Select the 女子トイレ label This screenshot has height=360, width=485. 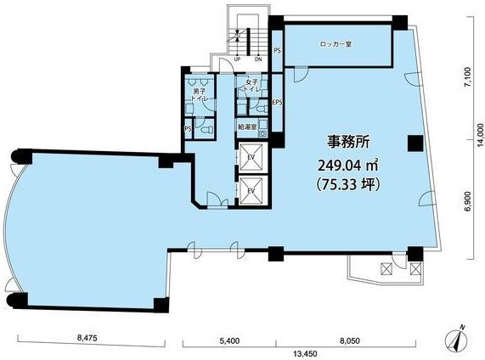click(x=252, y=87)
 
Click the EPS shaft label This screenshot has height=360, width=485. click(x=277, y=104)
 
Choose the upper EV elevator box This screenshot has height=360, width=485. click(x=252, y=157)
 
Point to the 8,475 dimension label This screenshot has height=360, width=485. click(x=87, y=338)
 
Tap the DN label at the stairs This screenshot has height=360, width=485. click(x=258, y=59)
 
